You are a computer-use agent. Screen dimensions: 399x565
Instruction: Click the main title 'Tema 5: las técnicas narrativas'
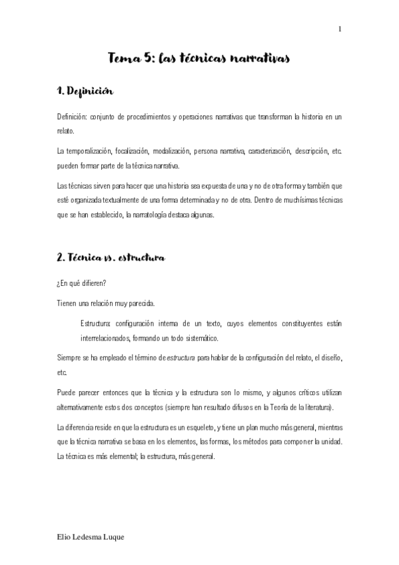[x=199, y=60]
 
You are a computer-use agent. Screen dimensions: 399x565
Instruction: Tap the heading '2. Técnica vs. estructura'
[x=111, y=257]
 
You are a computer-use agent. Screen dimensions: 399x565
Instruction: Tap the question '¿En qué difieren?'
[x=81, y=283]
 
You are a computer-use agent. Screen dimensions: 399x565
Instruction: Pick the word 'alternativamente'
[x=83, y=406]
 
